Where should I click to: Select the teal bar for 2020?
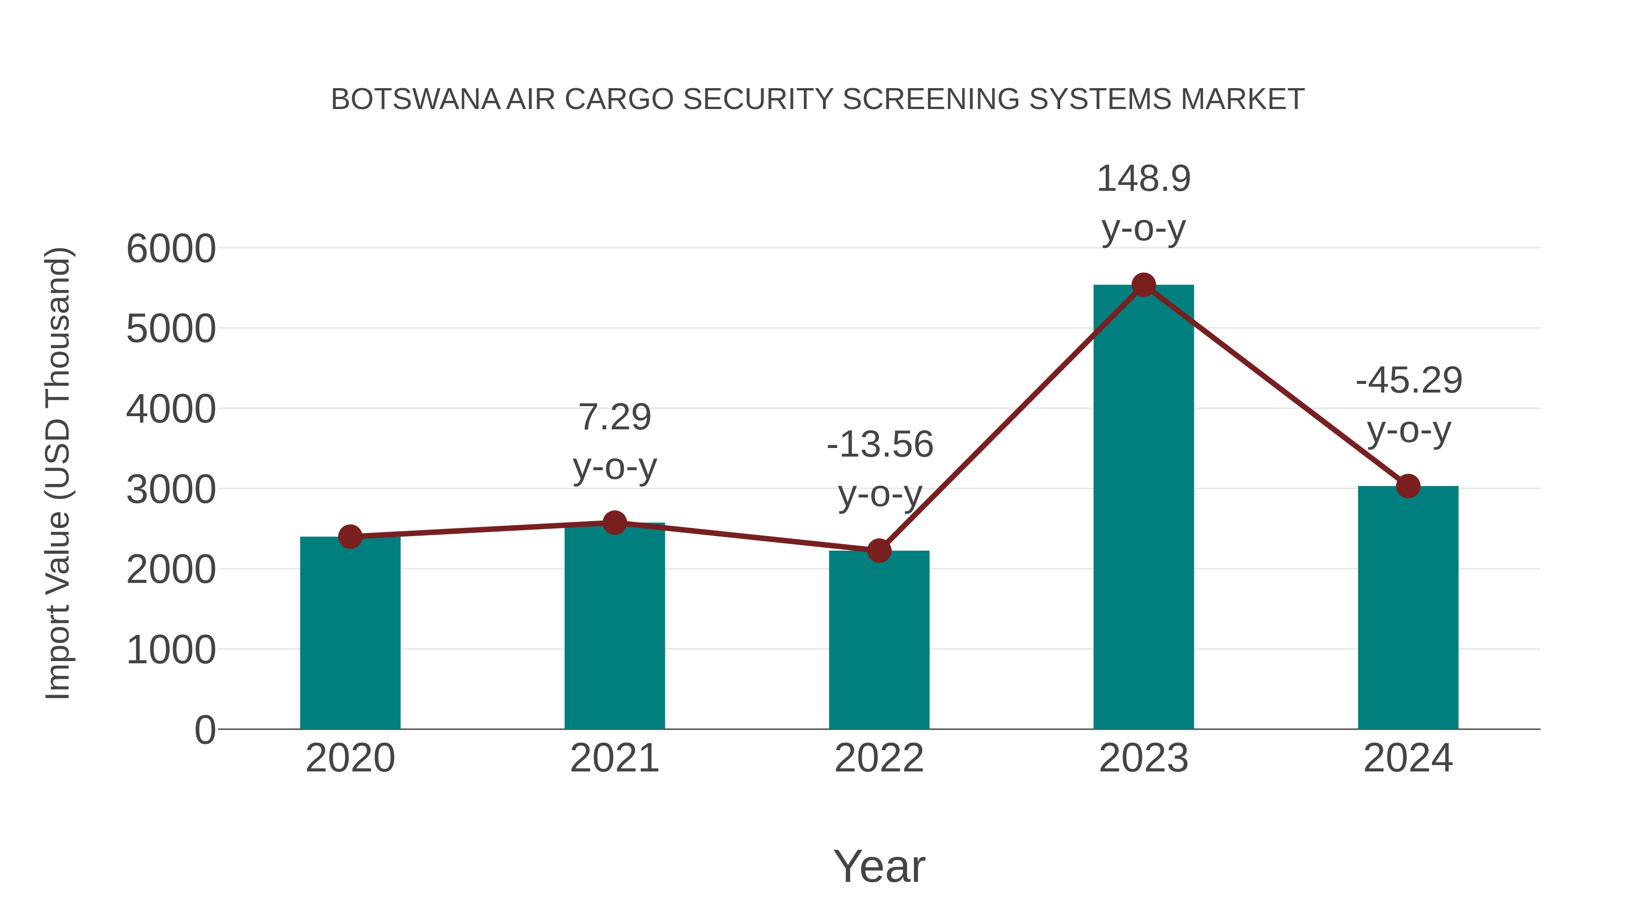point(350,635)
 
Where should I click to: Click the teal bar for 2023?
point(1143,508)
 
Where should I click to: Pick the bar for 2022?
point(879,641)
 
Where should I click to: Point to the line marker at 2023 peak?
point(1143,285)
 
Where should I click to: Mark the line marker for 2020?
point(350,537)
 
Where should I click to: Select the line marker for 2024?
point(1408,486)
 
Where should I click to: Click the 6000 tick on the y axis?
point(171,249)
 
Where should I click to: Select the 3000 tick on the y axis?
point(171,490)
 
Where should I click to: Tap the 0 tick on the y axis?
point(204,730)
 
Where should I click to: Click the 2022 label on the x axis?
point(879,758)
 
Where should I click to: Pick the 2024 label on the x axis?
point(1408,758)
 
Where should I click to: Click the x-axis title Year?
point(879,867)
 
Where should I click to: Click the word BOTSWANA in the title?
point(415,99)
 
